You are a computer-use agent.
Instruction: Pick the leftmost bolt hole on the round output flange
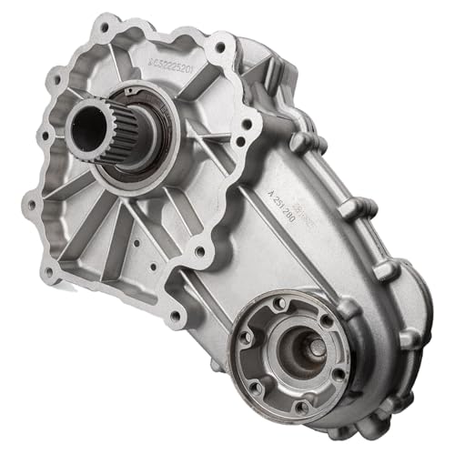246,337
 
